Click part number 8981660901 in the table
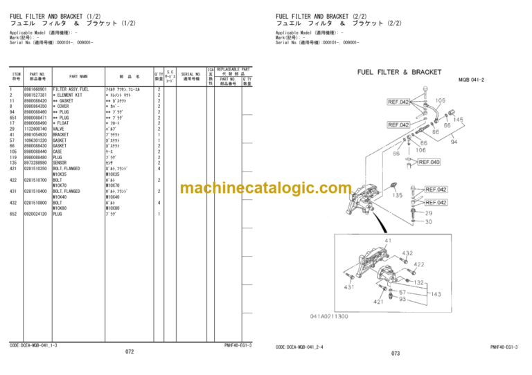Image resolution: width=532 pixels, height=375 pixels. pos(35,90)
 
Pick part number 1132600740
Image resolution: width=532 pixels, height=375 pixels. pos(35,129)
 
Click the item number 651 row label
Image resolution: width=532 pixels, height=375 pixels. pos(12,118)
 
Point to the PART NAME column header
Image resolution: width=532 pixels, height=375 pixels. pos(78,76)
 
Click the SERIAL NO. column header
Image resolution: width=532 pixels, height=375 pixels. pos(191,76)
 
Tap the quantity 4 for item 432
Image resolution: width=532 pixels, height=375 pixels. pos(159,202)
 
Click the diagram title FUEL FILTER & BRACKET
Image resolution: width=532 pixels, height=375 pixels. pos(398,72)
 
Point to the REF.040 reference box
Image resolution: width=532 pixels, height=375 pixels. pos(429,162)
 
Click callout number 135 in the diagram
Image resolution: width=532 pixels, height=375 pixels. pos(397,196)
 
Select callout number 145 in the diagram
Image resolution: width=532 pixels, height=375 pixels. pos(458,120)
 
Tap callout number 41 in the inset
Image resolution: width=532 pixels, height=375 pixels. pos(378,241)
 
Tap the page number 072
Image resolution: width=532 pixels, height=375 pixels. pos(130,352)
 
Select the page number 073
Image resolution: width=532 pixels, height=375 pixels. pos(396,354)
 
